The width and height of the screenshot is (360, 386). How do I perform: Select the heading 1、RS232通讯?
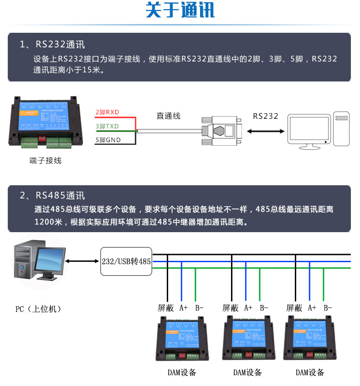pos(52,45)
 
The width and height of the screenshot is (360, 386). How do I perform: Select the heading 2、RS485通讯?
pos(52,196)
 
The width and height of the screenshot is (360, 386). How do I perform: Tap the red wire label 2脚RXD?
pos(107,112)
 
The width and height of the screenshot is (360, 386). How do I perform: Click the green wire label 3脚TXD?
pos(107,126)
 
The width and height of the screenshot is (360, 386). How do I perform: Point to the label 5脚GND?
pos(108,140)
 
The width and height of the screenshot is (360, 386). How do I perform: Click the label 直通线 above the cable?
pos(169,116)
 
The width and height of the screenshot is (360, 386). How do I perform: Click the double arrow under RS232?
pos(266,131)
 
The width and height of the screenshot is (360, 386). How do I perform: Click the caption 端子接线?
pos(45,161)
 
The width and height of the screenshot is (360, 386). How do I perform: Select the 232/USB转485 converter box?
pos(126,261)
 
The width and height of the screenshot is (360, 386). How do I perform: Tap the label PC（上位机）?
pos(38,309)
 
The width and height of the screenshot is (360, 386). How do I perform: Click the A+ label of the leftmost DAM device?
pos(183,308)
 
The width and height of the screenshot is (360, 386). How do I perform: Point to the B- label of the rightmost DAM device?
pos(328,308)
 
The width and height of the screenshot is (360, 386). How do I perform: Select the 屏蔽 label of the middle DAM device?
pos(230,308)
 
